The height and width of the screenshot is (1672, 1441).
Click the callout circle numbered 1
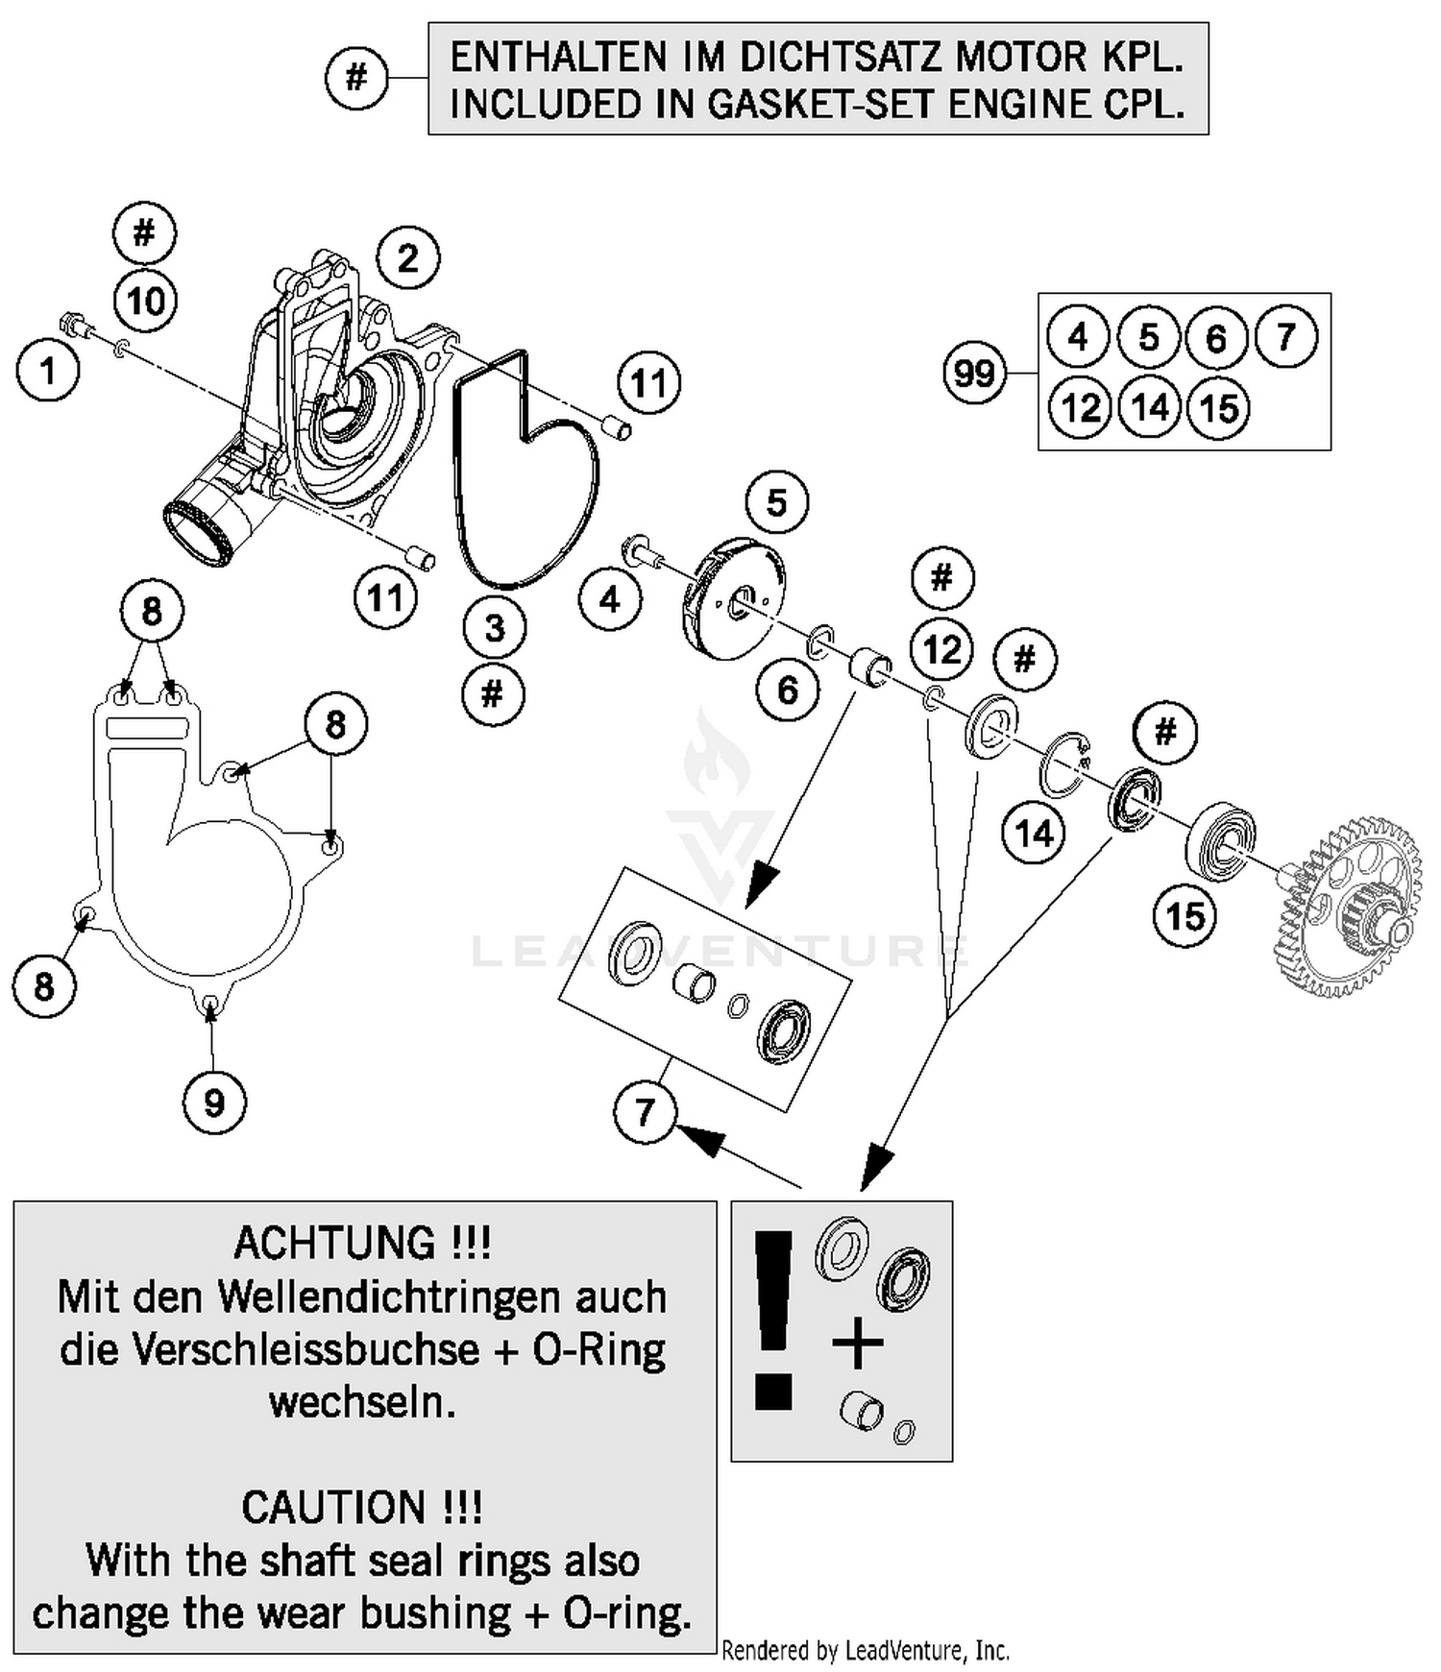(x=48, y=370)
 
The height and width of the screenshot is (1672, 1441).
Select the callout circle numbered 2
(x=407, y=259)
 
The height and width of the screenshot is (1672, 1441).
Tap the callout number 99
(x=974, y=373)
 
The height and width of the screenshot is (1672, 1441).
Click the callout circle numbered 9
(x=213, y=1102)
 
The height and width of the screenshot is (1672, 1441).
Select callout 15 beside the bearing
(x=1184, y=915)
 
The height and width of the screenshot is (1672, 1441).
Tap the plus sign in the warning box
(x=857, y=1344)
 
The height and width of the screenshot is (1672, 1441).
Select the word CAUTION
(x=333, y=1506)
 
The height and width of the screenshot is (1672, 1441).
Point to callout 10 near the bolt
(x=146, y=302)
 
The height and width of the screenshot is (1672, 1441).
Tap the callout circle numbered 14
(x=1034, y=833)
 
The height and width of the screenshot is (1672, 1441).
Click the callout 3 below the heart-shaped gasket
(x=494, y=628)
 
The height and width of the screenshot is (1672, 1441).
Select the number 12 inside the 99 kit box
(x=1079, y=408)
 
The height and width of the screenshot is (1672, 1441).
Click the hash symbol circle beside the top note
(x=356, y=77)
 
